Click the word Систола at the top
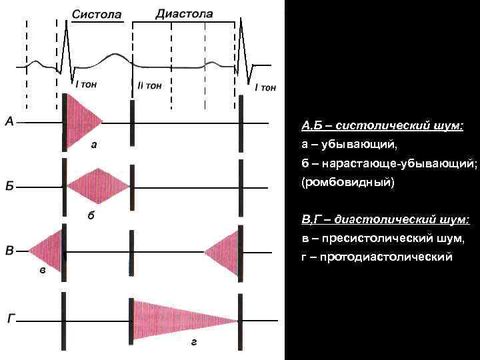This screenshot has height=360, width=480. click(96, 14)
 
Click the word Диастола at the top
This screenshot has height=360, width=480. click(185, 13)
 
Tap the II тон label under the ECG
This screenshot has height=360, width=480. click(149, 85)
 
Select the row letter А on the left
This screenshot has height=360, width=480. click(10, 121)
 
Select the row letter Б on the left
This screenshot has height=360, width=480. click(10, 186)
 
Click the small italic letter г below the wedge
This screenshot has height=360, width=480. click(193, 341)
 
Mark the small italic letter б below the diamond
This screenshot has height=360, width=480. click(91, 215)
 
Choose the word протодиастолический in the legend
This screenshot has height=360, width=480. click(387, 257)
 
